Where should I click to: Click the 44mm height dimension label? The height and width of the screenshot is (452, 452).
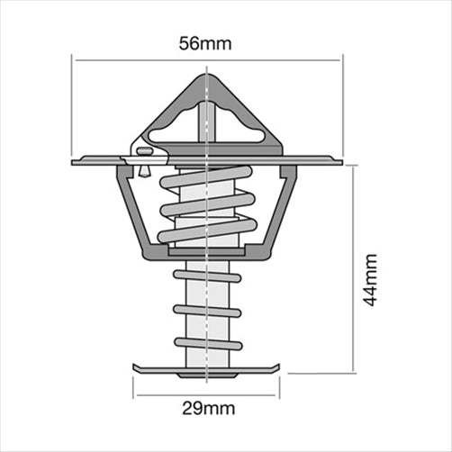(370, 279)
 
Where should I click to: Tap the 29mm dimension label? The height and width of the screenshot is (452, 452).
(207, 408)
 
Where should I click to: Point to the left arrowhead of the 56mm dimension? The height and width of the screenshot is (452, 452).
(77, 60)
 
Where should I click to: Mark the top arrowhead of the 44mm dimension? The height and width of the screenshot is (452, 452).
(354, 168)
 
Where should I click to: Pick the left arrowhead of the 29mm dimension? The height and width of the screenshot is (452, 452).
(137, 393)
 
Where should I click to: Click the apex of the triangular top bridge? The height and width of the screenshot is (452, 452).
(207, 77)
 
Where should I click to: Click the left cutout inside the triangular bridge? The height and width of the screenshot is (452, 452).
(181, 126)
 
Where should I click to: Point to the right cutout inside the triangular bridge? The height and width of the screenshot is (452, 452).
(237, 126)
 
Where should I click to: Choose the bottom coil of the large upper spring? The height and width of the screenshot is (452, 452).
(207, 231)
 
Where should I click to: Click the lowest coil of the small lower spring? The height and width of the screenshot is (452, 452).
(207, 343)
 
